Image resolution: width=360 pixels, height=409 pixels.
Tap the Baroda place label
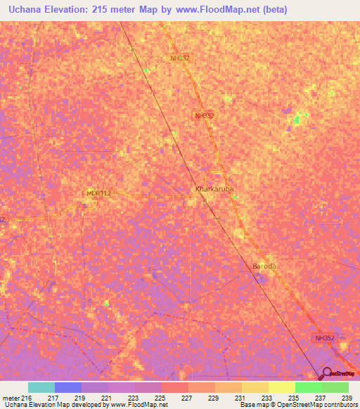265,266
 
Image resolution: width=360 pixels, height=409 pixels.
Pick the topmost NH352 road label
180,58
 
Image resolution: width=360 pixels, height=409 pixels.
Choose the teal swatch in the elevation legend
41,387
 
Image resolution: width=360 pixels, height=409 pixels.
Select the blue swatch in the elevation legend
68,387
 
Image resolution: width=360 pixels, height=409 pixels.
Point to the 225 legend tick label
160,398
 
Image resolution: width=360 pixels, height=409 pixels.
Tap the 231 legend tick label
240,398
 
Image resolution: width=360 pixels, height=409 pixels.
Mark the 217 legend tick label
53,398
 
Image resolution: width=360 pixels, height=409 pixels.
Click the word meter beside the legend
11,398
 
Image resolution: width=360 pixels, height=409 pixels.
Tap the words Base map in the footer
252,405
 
